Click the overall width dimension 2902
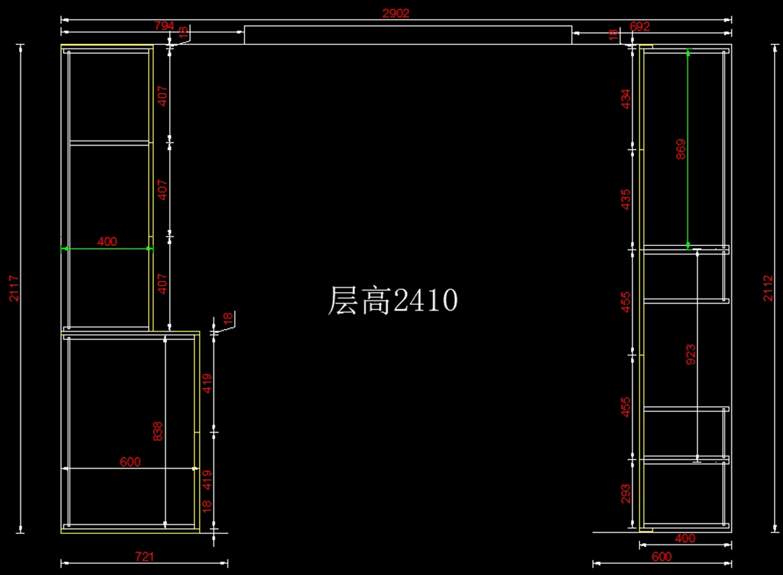[x=396, y=14]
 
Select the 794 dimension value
[x=164, y=25]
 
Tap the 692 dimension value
[x=640, y=26]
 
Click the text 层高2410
[x=392, y=301]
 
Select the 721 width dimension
[x=144, y=557]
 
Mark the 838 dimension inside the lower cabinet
[x=158, y=431]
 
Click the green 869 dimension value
[x=681, y=151]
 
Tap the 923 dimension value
[x=690, y=354]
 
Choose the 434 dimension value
[x=626, y=99]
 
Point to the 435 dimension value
[x=626, y=199]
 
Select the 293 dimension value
[x=626, y=494]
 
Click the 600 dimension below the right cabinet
[x=662, y=557]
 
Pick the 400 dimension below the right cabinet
[x=685, y=538]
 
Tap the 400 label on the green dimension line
[x=107, y=241]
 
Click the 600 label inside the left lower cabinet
[x=130, y=461]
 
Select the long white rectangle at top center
[x=408, y=35]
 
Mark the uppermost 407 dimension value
[x=162, y=96]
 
